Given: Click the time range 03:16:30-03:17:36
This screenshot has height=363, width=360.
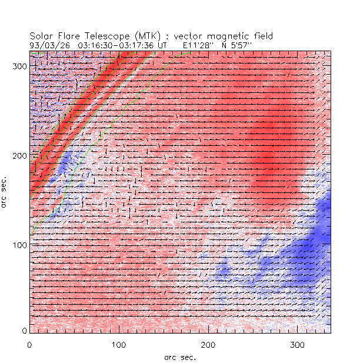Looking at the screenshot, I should point(116,45).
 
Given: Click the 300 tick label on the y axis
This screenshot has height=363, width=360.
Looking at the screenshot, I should point(19,66).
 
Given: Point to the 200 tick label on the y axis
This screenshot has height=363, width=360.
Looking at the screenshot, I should point(19,155).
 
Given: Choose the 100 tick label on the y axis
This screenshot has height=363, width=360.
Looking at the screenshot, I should point(19,244).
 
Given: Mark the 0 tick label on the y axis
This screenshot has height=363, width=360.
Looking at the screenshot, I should point(24,331).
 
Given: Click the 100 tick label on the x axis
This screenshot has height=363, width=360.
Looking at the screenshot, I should point(119,344).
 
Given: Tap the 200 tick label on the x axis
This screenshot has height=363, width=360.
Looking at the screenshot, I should point(208,344).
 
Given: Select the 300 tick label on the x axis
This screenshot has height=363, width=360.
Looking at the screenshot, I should point(298,344).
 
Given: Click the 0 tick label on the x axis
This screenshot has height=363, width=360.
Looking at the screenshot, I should point(29,344).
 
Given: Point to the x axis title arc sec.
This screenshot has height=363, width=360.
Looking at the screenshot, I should point(179,357).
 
